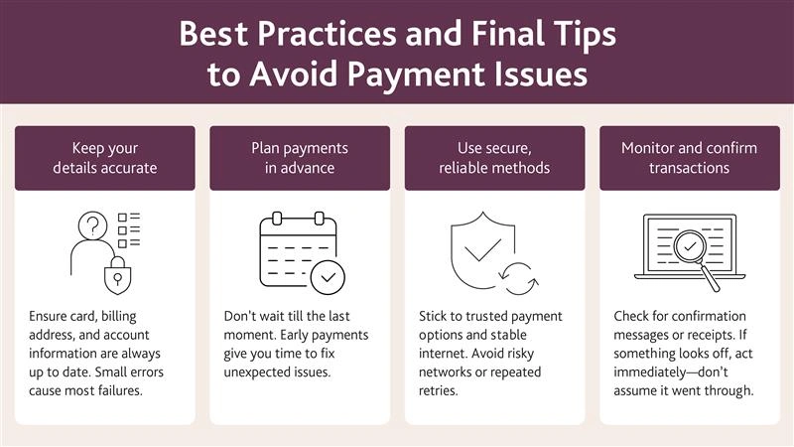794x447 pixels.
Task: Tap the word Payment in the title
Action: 417,74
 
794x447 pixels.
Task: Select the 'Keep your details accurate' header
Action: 105,158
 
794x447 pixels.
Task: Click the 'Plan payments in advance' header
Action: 300,158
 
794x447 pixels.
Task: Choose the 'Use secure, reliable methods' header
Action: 494,158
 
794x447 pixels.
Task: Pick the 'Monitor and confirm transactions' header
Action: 690,158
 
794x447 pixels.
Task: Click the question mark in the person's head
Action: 93,225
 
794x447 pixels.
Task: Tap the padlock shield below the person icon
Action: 117,276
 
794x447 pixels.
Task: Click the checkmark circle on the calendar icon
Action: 328,278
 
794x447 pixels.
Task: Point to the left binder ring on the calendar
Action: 277,219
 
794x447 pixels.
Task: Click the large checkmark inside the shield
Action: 482,250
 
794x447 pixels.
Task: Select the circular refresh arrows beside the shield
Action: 518,278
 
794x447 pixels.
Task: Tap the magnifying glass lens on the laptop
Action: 690,246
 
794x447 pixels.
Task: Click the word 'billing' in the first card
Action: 119,316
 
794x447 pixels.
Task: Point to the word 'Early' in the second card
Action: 295,335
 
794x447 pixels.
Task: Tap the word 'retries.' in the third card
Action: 438,390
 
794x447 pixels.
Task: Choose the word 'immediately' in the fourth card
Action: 642,372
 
